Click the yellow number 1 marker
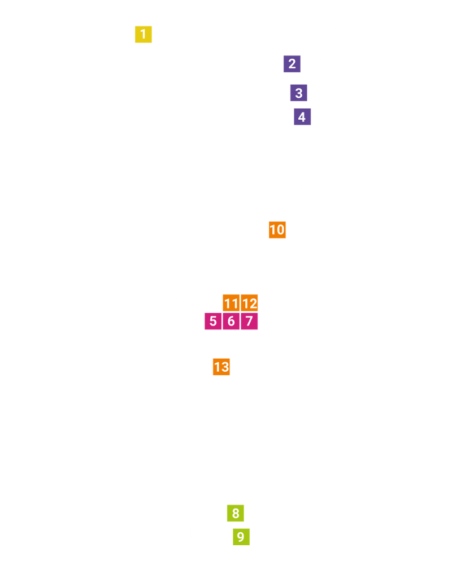click(x=144, y=34)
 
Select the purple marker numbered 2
click(x=292, y=64)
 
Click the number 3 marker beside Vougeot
click(x=298, y=93)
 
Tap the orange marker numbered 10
click(x=277, y=230)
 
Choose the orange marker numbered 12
click(x=249, y=303)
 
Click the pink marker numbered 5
click(x=213, y=321)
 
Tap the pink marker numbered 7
click(x=249, y=321)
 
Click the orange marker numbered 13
click(x=221, y=367)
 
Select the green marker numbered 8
click(x=236, y=513)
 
